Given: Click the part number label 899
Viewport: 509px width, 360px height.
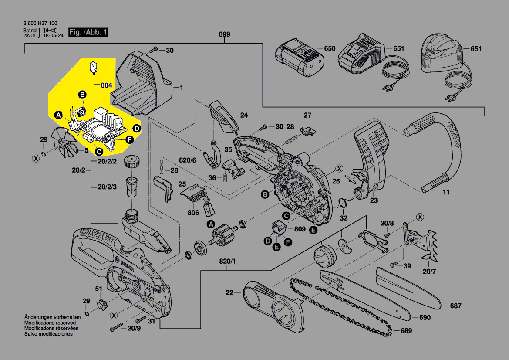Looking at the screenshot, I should [x=224, y=34].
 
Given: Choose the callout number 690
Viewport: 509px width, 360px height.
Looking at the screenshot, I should [x=425, y=318].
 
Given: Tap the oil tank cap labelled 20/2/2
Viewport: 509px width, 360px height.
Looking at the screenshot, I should [x=131, y=162].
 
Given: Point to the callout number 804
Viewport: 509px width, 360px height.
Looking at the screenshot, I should [x=106, y=86].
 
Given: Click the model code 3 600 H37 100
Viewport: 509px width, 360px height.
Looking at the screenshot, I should [x=40, y=24].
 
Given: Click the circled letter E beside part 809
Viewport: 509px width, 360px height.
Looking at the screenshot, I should [x=276, y=248].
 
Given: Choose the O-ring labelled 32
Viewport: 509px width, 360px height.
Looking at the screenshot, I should [x=344, y=202].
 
